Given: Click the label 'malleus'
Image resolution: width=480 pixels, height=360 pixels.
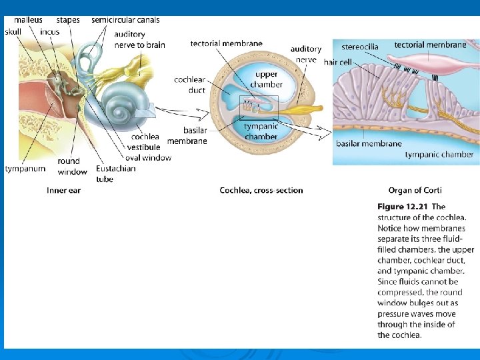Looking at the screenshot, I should coord(28,20).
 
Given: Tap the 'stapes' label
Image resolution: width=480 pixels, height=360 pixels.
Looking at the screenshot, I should coord(68,20).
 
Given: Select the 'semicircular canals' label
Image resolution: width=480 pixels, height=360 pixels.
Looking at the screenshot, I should coord(125,20).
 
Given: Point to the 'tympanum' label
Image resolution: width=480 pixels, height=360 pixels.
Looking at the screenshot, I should coord(25,169).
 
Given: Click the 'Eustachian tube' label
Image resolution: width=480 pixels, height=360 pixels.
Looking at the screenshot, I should coord(115,173).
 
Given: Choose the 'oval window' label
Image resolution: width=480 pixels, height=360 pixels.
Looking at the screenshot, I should coord(148,158).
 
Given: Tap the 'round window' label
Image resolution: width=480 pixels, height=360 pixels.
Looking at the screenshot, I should coord(72,166).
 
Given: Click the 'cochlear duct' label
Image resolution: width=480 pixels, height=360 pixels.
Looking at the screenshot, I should coord(189,85).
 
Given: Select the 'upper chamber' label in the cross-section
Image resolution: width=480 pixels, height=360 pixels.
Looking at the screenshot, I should coord(266,79).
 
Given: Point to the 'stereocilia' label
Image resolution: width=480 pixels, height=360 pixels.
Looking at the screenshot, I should coord(360,47).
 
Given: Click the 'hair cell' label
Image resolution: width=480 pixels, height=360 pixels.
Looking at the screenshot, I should coord(338,62).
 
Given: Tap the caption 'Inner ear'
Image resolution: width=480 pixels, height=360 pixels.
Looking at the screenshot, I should coord(63,191).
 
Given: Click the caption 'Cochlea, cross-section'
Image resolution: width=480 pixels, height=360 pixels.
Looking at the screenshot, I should coord(261,191).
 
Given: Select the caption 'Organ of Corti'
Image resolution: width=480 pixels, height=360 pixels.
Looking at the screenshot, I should coord(415,191).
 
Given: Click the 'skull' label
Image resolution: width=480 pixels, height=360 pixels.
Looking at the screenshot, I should coord(13,31).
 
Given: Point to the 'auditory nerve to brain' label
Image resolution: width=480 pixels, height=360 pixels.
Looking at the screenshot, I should coord(139,39).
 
